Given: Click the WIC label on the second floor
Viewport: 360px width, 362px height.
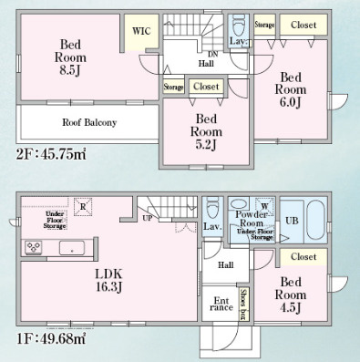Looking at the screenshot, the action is click(x=141, y=31).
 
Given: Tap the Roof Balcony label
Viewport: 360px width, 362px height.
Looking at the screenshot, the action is click(x=89, y=122).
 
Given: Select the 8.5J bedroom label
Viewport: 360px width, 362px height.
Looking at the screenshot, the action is click(x=70, y=57).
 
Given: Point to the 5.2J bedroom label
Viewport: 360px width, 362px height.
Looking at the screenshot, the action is click(x=206, y=131).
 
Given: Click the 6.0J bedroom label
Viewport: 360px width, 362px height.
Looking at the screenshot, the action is click(x=291, y=90).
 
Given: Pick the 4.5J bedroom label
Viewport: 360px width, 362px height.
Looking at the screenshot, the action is click(x=291, y=295).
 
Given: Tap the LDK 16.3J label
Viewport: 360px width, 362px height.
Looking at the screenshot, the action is click(x=109, y=280).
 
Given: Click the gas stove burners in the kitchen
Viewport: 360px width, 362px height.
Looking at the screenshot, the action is click(x=34, y=247).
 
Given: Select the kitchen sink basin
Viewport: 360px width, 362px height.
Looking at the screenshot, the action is click(x=72, y=248).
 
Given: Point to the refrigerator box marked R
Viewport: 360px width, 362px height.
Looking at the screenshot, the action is click(x=83, y=207).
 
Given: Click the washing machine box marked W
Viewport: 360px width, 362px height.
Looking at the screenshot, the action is click(x=264, y=206).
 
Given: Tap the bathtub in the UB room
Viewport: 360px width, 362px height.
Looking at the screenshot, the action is click(x=316, y=221).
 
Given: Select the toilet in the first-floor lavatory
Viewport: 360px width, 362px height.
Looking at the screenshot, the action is click(x=212, y=208).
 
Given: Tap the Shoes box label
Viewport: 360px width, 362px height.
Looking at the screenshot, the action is click(x=243, y=305).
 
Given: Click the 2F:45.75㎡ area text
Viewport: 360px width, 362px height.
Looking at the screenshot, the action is click(x=51, y=154).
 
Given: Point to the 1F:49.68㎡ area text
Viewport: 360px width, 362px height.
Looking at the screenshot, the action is click(x=51, y=338).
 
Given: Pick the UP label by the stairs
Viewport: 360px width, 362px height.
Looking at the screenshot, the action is click(x=148, y=218).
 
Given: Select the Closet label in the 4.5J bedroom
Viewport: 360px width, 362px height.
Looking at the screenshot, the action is click(x=303, y=257).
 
